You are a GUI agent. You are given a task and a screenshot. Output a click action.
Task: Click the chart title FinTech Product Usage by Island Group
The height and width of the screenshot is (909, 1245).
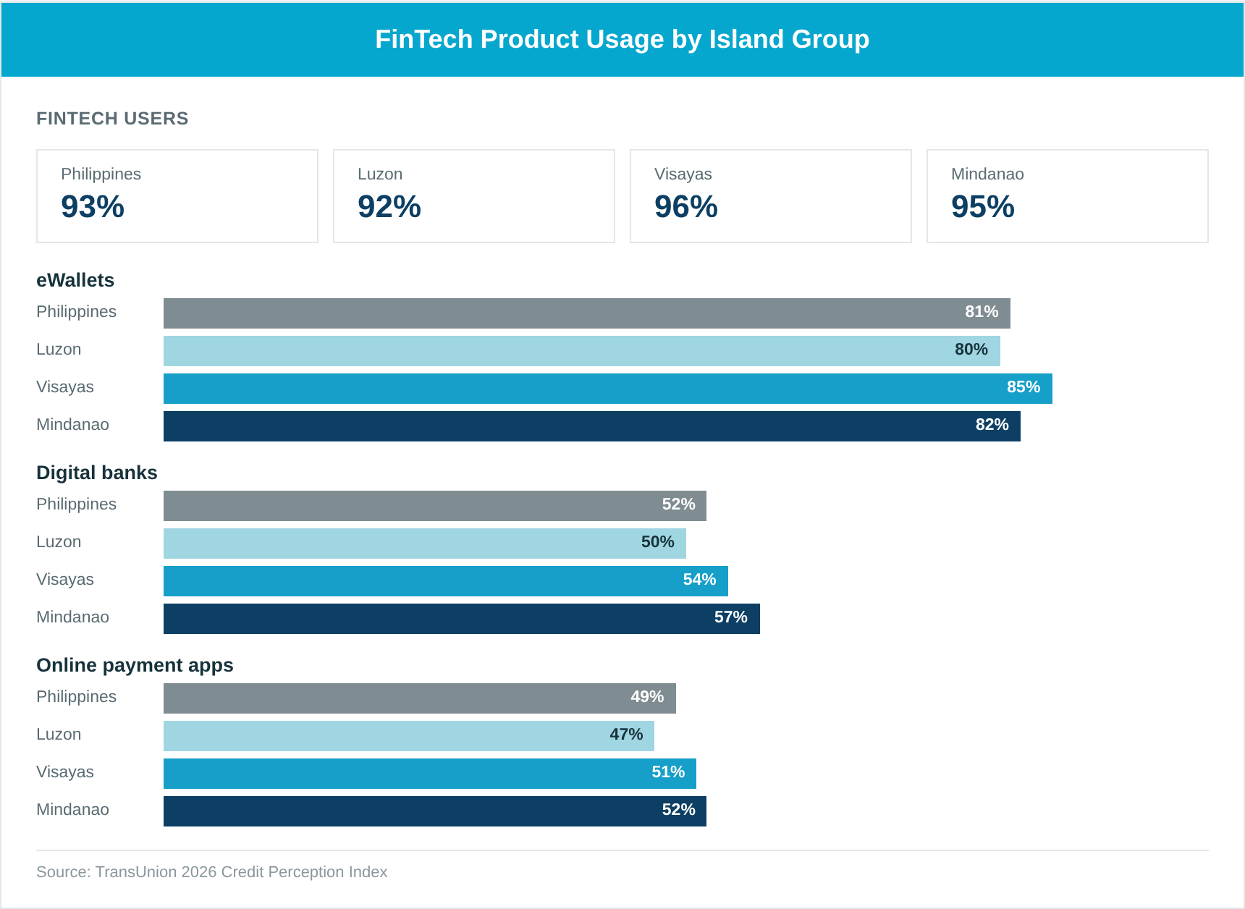622,39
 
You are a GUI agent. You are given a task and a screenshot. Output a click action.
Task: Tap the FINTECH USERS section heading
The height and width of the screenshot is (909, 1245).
112,119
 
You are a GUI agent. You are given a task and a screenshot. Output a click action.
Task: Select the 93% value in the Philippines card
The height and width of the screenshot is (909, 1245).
93,207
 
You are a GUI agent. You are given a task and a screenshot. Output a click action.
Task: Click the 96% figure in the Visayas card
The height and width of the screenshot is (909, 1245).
686,207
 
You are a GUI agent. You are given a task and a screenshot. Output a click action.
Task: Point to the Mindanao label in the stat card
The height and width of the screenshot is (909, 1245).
987,174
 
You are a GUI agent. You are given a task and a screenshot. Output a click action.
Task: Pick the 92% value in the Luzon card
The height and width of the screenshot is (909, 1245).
389,207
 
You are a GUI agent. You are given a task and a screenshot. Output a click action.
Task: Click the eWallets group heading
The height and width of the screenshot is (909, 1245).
75,280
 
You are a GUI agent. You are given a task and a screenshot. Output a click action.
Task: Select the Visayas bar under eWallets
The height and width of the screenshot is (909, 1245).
608,389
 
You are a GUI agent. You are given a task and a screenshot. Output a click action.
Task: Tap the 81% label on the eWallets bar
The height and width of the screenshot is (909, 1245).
982,312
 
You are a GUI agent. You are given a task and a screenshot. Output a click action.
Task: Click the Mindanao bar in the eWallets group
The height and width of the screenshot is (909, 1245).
592,426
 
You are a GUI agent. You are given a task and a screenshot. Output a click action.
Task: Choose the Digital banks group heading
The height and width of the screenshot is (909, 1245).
97,473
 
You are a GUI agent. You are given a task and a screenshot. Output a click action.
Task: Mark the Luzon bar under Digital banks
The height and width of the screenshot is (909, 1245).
425,544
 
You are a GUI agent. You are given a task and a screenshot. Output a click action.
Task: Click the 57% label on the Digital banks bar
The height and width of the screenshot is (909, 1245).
731,617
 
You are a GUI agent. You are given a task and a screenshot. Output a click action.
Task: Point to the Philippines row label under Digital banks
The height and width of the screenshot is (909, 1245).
76,504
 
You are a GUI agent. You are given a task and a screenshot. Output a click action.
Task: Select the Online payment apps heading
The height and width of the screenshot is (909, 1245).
135,665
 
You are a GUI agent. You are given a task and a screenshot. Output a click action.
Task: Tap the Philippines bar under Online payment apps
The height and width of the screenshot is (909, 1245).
420,698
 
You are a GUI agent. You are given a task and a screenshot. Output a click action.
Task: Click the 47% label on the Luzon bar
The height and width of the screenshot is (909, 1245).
626,735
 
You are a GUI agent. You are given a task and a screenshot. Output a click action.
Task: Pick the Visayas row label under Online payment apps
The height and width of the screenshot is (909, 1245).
65,772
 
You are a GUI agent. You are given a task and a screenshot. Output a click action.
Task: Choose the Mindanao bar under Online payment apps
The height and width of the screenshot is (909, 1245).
435,811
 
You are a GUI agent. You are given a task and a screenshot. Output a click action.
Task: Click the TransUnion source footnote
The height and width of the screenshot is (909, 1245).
212,872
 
